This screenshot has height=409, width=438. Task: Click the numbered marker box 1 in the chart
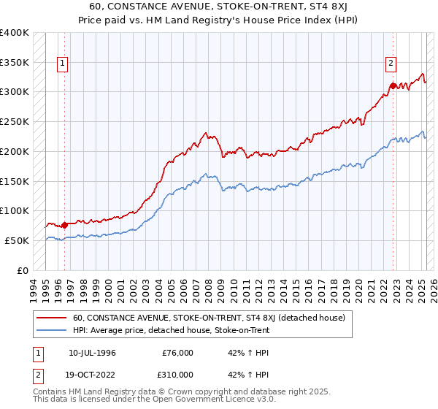coord(64,64)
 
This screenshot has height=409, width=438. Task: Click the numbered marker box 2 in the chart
coord(391,64)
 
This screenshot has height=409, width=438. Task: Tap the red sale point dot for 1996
coord(64,225)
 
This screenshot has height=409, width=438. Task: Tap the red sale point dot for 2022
coord(393,86)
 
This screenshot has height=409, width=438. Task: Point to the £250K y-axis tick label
coord(15,122)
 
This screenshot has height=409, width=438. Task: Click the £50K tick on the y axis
coord(17,240)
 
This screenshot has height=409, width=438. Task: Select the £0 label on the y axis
coord(23,270)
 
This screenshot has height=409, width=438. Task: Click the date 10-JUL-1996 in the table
coord(92,353)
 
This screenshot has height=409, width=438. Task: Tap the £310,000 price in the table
coord(178,374)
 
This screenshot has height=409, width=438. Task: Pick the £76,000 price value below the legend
coord(178,353)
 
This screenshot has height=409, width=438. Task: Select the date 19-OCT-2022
coord(93,374)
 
